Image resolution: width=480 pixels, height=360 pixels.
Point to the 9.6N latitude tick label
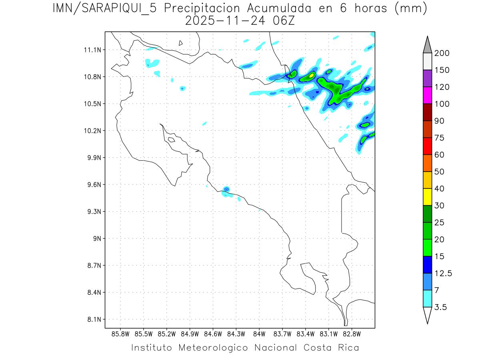93,185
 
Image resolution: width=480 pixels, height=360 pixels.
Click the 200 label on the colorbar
442,53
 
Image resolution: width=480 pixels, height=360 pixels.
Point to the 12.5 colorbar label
443,273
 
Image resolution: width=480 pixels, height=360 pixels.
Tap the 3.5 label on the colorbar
441,307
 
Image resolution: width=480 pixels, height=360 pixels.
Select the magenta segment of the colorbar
427,95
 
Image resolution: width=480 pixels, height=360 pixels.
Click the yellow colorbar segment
427,197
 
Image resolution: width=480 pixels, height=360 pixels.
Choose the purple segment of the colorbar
427,78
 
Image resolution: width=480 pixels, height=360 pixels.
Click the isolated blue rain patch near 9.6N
226,189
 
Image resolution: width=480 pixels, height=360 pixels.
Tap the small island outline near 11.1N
181,43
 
